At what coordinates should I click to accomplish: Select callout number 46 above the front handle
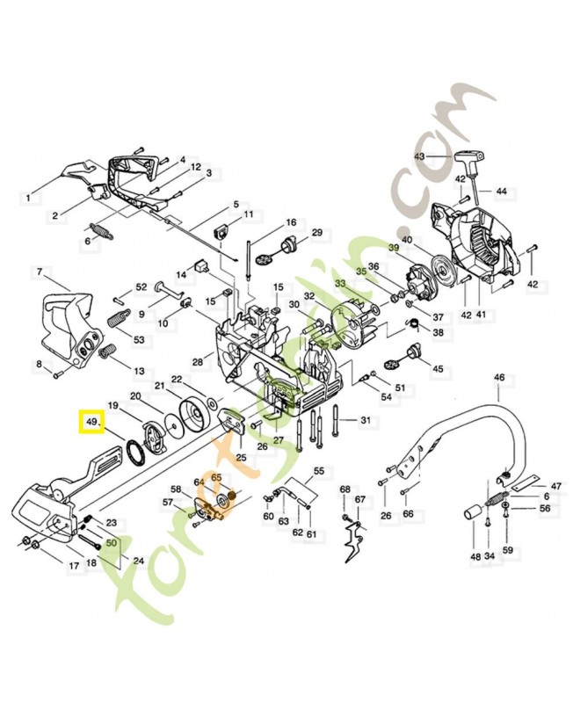[499, 378]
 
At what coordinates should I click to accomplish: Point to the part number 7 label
[40, 272]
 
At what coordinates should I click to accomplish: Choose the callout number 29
[317, 232]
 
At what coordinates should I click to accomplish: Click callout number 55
[318, 470]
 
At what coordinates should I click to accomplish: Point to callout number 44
[501, 191]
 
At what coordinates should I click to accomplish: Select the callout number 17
[75, 566]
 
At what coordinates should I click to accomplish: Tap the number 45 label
[437, 369]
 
